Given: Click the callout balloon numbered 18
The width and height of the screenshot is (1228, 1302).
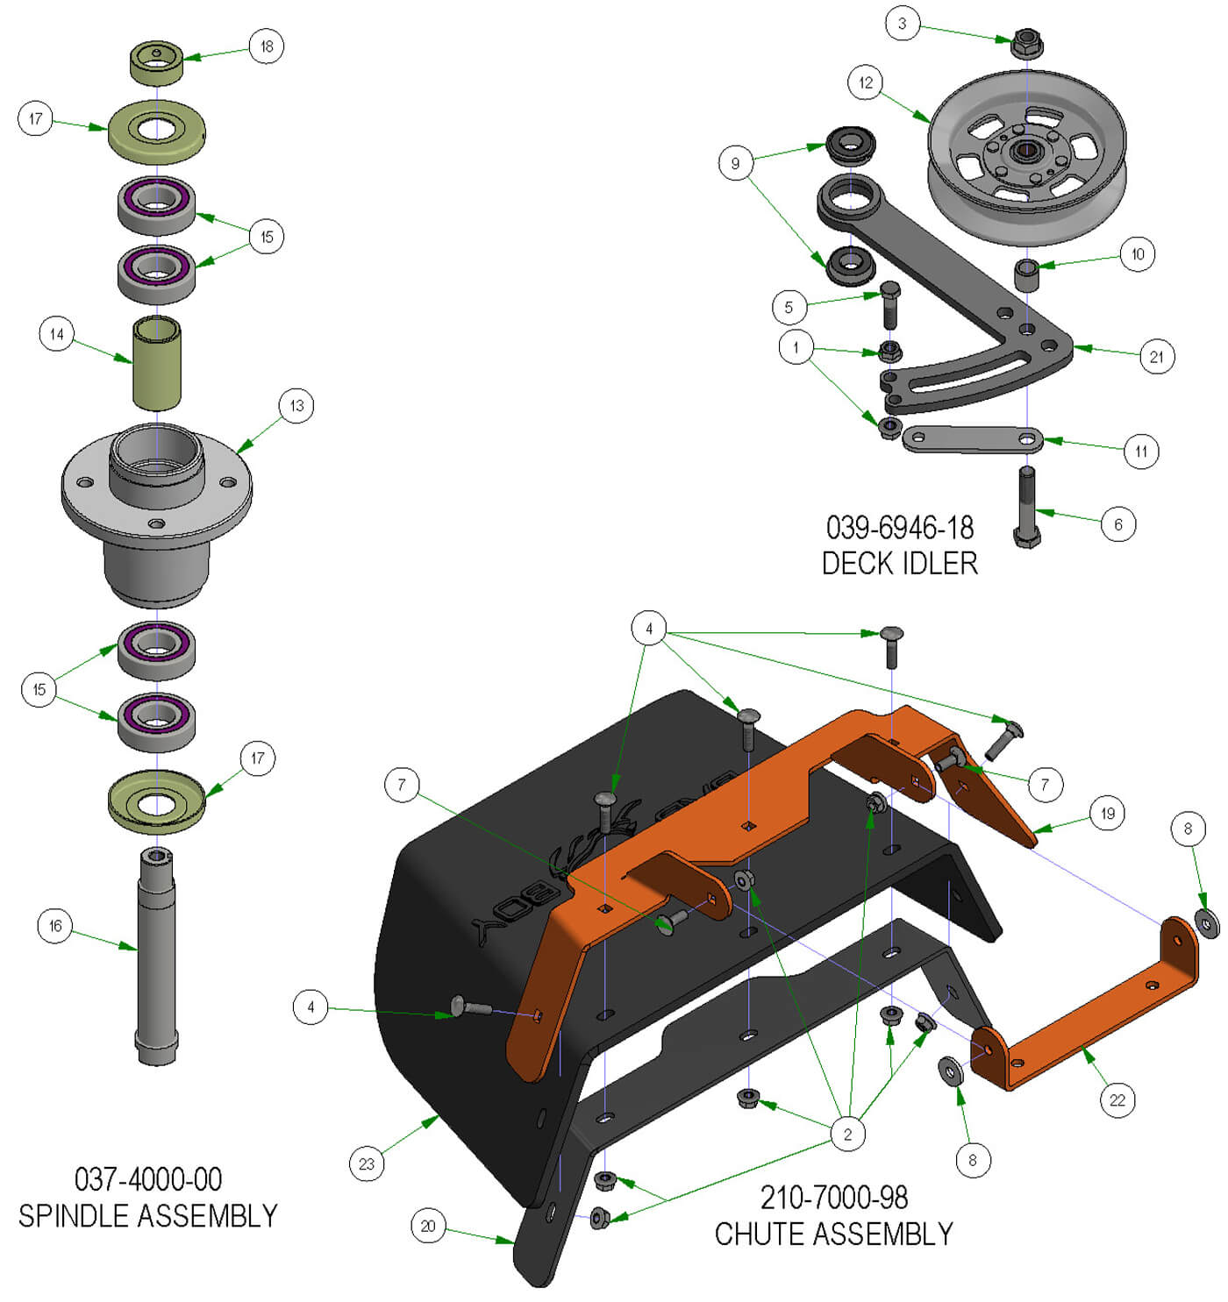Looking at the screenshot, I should click(267, 46).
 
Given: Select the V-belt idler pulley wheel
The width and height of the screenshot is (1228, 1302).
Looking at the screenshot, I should click(1026, 162).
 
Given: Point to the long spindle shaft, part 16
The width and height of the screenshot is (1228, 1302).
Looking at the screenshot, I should click(157, 956).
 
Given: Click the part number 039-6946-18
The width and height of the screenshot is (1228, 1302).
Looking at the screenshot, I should click(899, 528).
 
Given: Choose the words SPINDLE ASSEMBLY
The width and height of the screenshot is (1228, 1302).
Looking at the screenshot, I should click(147, 1216).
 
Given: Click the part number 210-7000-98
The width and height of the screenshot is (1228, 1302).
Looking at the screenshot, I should click(833, 1198).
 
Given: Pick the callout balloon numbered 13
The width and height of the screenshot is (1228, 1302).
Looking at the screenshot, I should click(296, 406).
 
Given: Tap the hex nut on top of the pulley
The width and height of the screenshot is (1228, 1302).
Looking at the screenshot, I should click(1026, 42).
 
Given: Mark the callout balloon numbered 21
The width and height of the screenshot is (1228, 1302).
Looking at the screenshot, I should click(1156, 357).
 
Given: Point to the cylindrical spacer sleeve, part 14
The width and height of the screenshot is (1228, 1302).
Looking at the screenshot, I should click(157, 364).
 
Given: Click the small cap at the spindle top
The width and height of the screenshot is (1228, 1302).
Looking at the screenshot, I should click(157, 63).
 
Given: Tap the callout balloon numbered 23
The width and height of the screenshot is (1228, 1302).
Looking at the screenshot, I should click(367, 1163).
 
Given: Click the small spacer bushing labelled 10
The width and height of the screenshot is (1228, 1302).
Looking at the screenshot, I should click(1027, 274).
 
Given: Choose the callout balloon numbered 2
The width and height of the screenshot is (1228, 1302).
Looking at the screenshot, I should click(847, 1134).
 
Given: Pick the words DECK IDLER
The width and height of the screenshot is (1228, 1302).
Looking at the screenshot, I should click(899, 563).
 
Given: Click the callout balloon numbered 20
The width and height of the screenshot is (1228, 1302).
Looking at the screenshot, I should click(428, 1226).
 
